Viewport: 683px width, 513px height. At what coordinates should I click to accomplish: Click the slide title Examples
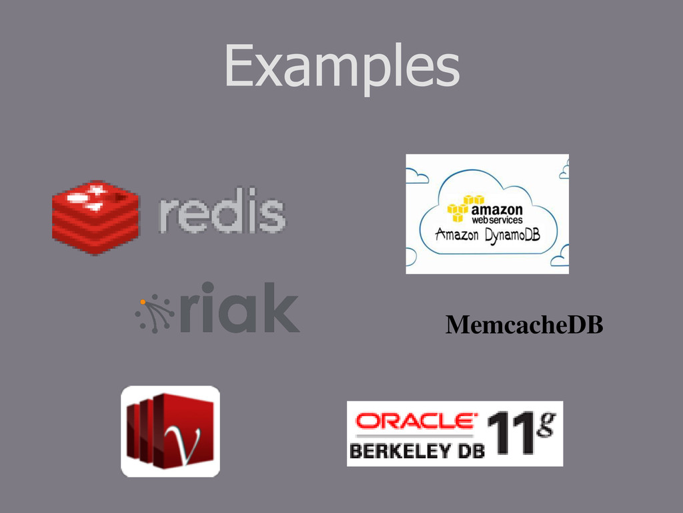coord(341,67)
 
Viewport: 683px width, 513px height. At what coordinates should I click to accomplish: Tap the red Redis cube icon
coord(95,217)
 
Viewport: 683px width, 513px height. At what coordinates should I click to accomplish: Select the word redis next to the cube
coord(222,214)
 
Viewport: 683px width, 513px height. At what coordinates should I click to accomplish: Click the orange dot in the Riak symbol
coord(143,302)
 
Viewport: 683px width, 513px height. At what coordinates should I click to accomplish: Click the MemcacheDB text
coord(524,325)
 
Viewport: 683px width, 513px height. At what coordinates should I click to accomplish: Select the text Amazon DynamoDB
coord(487,235)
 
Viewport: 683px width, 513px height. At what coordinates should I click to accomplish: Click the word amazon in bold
coord(498,208)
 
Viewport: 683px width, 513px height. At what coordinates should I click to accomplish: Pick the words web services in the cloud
coord(498,219)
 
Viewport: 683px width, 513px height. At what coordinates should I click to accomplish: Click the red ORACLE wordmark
coord(416,421)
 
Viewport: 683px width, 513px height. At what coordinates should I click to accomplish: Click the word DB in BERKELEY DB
coord(469,451)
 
